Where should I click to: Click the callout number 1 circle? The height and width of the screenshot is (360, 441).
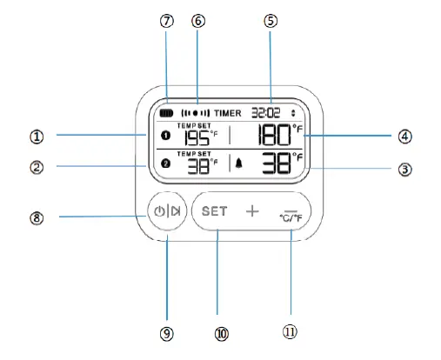(37, 136)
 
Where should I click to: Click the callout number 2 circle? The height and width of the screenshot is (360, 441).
(37, 165)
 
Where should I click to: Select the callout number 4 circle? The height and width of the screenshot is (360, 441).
(404, 136)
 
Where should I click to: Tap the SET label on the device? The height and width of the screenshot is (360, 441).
(214, 211)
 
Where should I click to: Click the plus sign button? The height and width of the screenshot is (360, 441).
(252, 211)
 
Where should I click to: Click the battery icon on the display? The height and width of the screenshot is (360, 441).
(167, 113)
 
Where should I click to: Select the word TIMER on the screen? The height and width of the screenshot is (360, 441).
(228, 113)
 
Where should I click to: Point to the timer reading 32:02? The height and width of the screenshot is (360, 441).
(265, 113)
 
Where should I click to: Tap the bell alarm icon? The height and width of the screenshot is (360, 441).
(238, 163)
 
